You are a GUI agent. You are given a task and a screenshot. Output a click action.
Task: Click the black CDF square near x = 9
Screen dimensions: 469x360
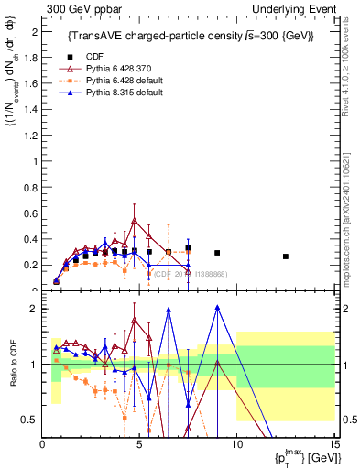217,253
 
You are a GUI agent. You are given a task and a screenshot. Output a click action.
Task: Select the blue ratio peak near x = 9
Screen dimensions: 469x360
217,308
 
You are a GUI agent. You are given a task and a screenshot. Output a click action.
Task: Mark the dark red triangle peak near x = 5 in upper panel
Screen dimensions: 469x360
135,221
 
